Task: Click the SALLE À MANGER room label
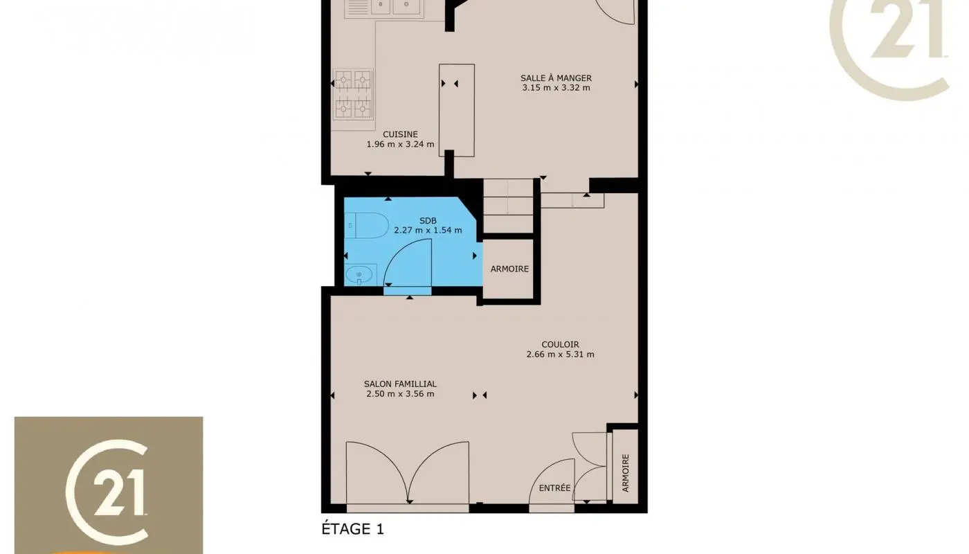pyautogui.click(x=556, y=78)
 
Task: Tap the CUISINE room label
pyautogui.click(x=400, y=134)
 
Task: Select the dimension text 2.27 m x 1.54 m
pyautogui.click(x=428, y=230)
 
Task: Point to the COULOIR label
pyautogui.click(x=560, y=344)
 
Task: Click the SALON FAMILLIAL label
pyautogui.click(x=400, y=384)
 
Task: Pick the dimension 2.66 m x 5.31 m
pyautogui.click(x=560, y=355)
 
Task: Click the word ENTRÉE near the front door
pyautogui.click(x=554, y=488)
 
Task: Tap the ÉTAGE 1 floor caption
pyautogui.click(x=352, y=530)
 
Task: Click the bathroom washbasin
pyautogui.click(x=359, y=276)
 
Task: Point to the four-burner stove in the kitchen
pyautogui.click(x=353, y=94)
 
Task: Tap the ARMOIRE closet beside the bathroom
pyautogui.click(x=509, y=269)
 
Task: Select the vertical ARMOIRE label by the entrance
pyautogui.click(x=626, y=473)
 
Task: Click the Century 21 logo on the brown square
pyautogui.click(x=109, y=485)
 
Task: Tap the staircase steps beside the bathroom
pyautogui.click(x=508, y=206)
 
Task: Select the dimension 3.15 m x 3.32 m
pyautogui.click(x=556, y=88)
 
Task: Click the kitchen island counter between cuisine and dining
pyautogui.click(x=457, y=109)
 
